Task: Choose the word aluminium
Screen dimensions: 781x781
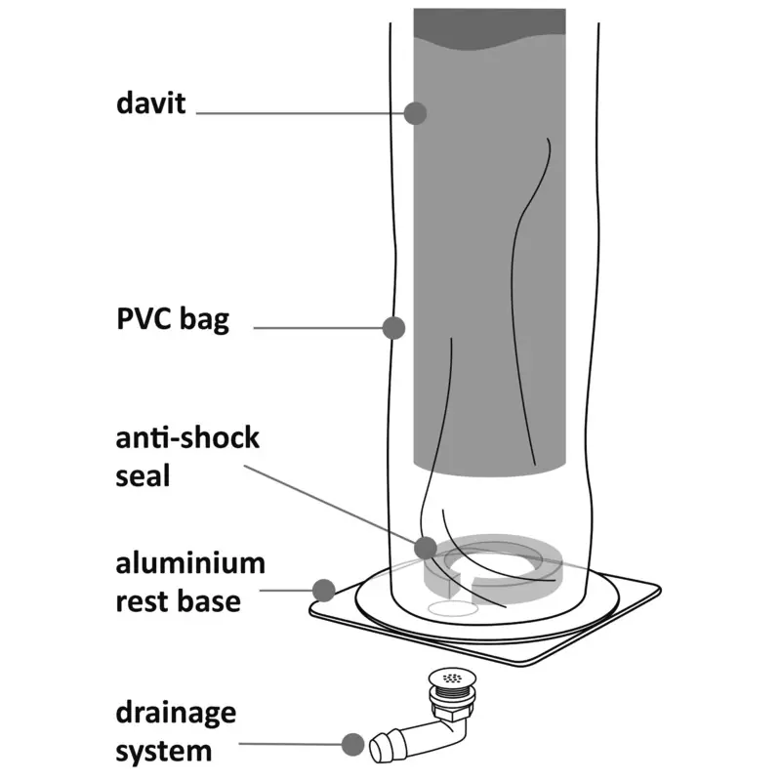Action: (189, 564)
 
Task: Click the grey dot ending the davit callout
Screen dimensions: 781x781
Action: (416, 112)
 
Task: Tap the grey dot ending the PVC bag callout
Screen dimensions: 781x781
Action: (393, 328)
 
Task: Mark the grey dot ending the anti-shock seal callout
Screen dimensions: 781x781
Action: (425, 548)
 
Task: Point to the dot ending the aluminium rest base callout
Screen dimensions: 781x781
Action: (324, 590)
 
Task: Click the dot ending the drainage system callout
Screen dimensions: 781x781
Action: (352, 746)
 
